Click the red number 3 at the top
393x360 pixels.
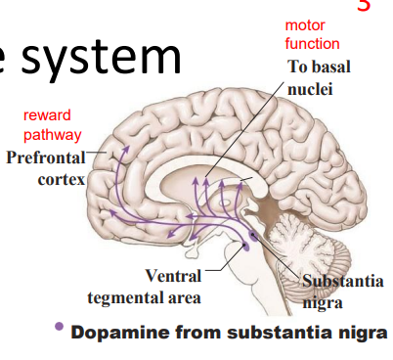pos(364,6)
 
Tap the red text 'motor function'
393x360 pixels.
pos(312,35)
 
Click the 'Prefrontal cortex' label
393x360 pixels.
pos(46,168)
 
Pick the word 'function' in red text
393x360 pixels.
pos(312,44)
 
